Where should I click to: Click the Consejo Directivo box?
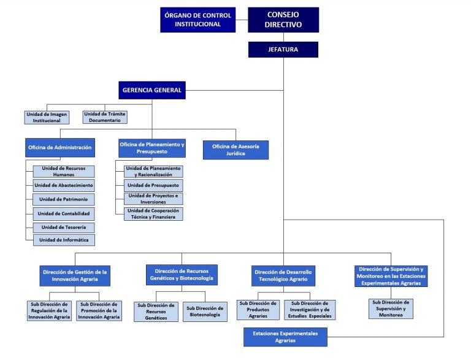pos(283,20)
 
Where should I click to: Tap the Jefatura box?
pos(283,50)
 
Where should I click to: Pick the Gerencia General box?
pos(152,90)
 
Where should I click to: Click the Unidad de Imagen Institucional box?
pos(47,117)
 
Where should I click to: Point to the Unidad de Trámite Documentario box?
pos(105,117)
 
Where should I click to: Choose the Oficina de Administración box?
pos(60,148)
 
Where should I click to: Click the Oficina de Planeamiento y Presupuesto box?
pos(152,148)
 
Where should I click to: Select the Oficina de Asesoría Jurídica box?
pos(235,150)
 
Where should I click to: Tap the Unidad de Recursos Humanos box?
pos(64,171)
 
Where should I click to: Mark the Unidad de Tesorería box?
pos(64,228)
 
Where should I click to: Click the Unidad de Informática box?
pos(64,240)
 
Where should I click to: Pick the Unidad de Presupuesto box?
pos(153,185)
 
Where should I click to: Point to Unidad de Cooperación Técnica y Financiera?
pos(153,213)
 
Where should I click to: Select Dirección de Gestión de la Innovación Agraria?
pos(75,275)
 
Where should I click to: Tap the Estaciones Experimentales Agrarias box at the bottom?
pos(285,337)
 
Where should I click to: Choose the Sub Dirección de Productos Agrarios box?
pos(258,310)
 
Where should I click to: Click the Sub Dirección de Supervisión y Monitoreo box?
pos(391,308)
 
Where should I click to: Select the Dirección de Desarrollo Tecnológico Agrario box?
pos(283,275)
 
